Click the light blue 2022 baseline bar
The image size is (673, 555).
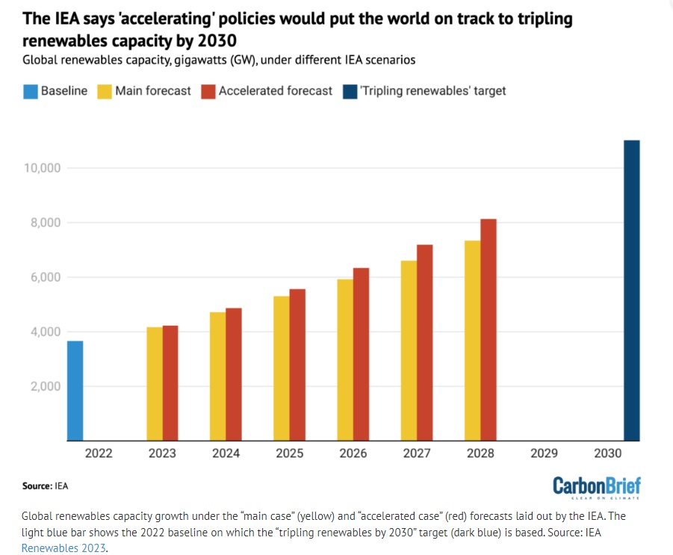click(75, 391)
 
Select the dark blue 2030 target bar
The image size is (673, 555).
click(632, 291)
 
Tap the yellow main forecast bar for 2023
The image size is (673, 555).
click(155, 384)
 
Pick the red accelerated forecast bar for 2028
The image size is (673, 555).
click(489, 329)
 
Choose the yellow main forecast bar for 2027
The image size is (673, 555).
click(409, 350)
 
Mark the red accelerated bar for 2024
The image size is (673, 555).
click(234, 374)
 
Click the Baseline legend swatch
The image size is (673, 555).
click(31, 91)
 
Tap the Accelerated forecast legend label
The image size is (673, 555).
click(276, 90)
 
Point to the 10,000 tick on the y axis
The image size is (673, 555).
click(42, 168)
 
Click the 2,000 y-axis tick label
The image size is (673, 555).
click(45, 387)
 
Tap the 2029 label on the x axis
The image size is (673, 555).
click(545, 453)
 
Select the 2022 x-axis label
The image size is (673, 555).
click(99, 453)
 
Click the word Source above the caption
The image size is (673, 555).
click(37, 486)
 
